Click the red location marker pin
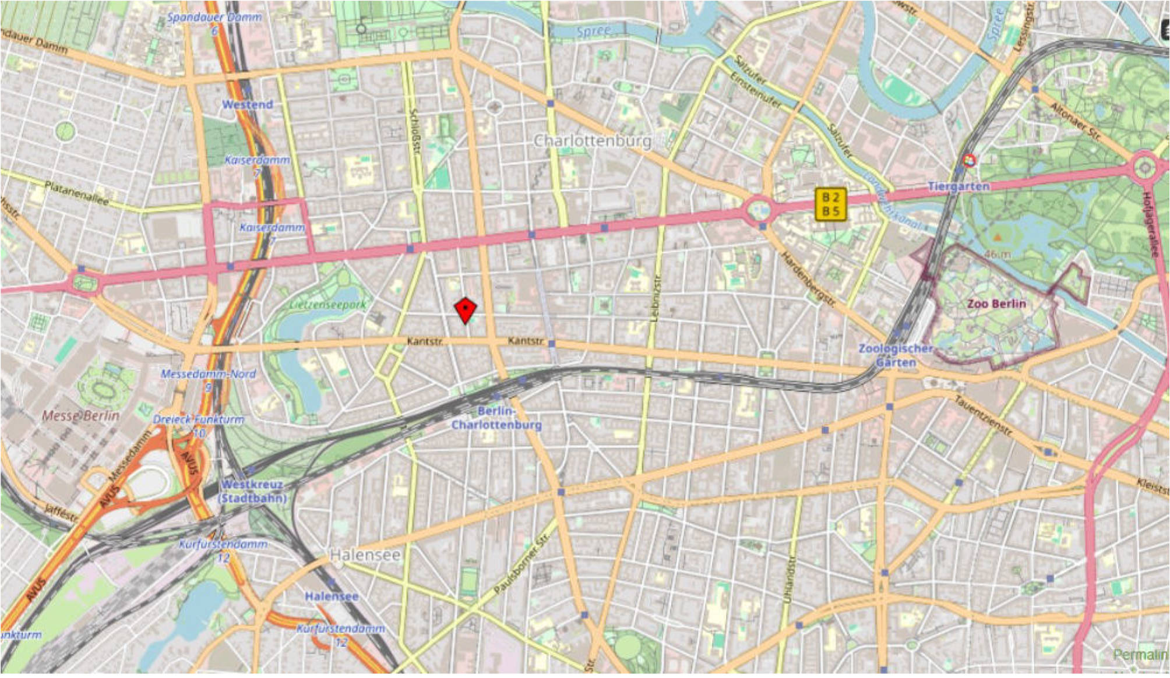click(x=465, y=310)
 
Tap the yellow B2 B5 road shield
click(x=831, y=204)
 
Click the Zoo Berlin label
click(x=996, y=303)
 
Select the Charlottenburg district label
click(x=593, y=141)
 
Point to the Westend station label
click(x=248, y=105)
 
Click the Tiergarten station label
click(x=958, y=186)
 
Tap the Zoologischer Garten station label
click(x=896, y=355)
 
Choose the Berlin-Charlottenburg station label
click(x=496, y=418)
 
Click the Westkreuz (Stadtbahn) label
click(x=252, y=491)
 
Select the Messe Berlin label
click(x=81, y=415)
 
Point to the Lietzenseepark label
click(x=329, y=304)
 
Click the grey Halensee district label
click(x=365, y=555)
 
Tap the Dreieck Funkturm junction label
click(x=199, y=425)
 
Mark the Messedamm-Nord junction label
click(x=208, y=379)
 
